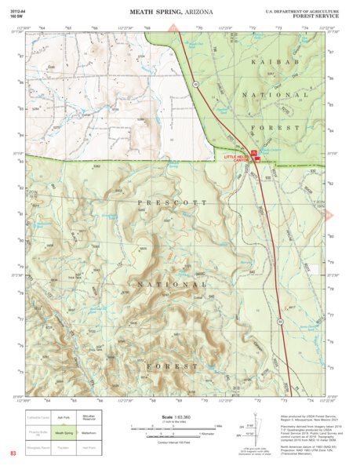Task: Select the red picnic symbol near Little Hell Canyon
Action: tap(253, 151)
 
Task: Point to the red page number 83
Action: tap(13, 453)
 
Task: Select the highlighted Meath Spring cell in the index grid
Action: tap(64, 431)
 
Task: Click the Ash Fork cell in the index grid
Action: tap(64, 417)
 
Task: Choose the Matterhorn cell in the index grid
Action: tap(88, 431)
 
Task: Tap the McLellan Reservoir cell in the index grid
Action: tap(88, 417)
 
